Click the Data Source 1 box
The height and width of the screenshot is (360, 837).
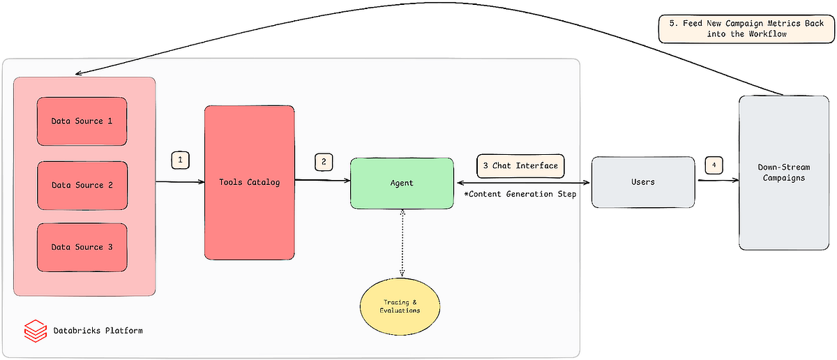pyautogui.click(x=82, y=121)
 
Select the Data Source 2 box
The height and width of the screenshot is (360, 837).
pyautogui.click(x=82, y=186)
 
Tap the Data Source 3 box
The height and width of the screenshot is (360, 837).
pyautogui.click(x=82, y=248)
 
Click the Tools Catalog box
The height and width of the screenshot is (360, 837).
pyautogui.click(x=249, y=183)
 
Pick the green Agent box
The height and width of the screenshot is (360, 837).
pyautogui.click(x=401, y=183)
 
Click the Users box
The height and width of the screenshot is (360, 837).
pyautogui.click(x=642, y=182)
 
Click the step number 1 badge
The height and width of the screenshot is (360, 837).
pyautogui.click(x=180, y=160)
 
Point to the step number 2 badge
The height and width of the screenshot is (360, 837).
pyautogui.click(x=323, y=161)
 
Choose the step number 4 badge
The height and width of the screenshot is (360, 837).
pyautogui.click(x=714, y=165)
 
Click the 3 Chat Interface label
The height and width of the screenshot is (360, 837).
pyautogui.click(x=520, y=166)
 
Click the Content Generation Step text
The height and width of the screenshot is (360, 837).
pyautogui.click(x=520, y=194)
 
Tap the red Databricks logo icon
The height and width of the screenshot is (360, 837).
pyautogui.click(x=34, y=330)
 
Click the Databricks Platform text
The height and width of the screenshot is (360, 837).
pyautogui.click(x=98, y=330)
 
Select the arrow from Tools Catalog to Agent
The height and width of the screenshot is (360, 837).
pyautogui.click(x=322, y=181)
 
